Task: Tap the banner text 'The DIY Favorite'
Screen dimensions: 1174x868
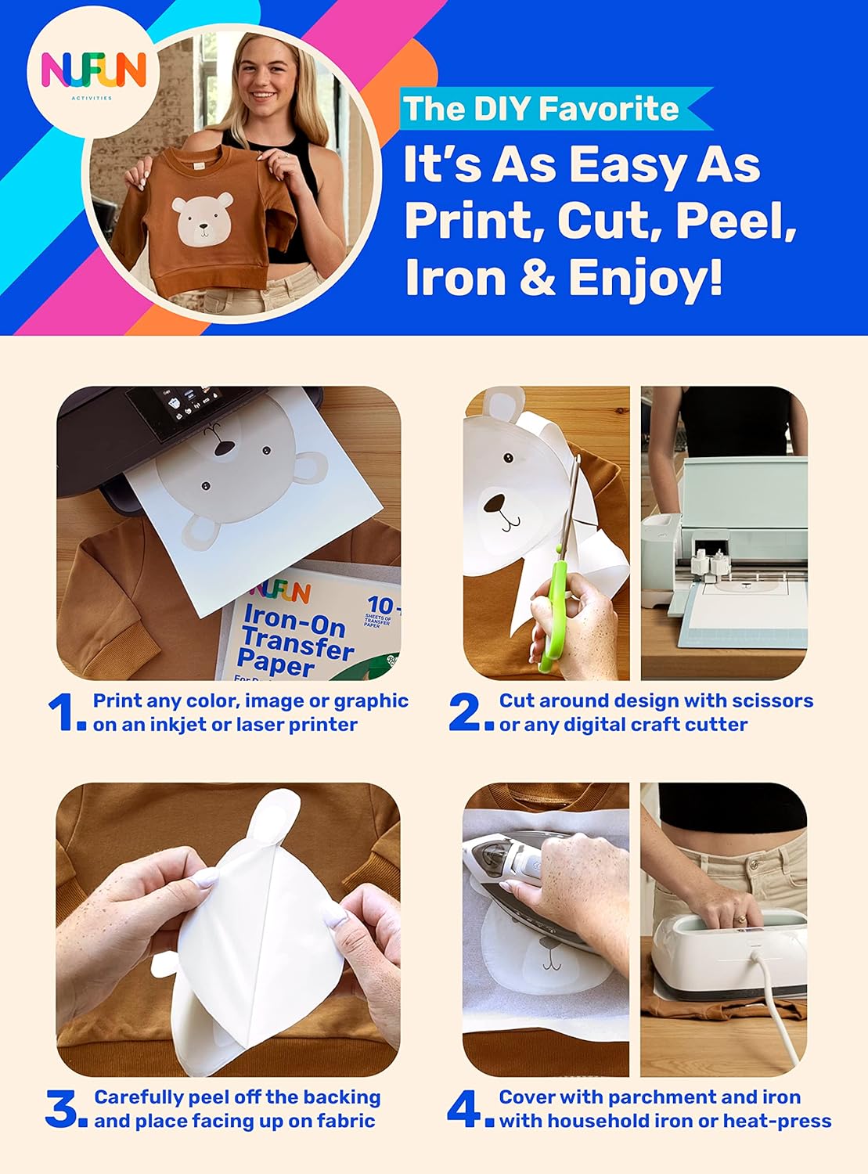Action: pos(540,109)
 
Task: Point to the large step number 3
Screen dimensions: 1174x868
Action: pos(63,1109)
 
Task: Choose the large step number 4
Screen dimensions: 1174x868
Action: pos(466,1109)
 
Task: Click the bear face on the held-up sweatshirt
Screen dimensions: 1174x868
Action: pos(203,218)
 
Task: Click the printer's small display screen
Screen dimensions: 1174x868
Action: pos(168,407)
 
